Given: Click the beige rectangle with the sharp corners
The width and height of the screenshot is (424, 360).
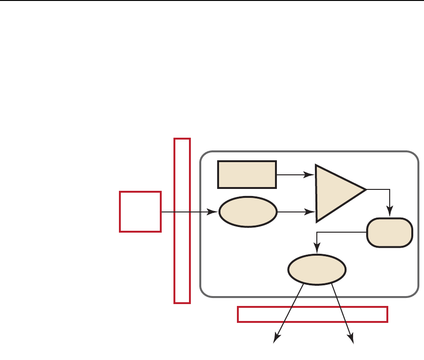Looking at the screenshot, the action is click(247, 174).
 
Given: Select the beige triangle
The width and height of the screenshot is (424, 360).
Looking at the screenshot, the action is click(336, 193).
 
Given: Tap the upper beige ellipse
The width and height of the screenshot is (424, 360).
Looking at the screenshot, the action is click(248, 212).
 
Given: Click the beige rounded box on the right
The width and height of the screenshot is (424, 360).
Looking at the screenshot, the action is click(390, 233).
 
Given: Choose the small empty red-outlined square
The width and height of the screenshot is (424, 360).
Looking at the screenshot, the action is click(141, 211).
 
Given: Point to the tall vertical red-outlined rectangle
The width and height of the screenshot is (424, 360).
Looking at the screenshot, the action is click(182, 220).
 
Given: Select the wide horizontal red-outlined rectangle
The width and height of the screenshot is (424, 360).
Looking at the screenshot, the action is click(313, 314).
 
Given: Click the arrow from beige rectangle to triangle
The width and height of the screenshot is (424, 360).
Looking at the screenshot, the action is click(295, 175).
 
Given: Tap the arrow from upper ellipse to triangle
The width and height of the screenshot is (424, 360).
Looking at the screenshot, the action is click(296, 212).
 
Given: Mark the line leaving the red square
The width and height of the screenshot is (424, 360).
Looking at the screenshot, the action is click(188, 212).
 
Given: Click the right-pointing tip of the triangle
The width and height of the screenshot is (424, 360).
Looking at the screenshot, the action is click(364, 189).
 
